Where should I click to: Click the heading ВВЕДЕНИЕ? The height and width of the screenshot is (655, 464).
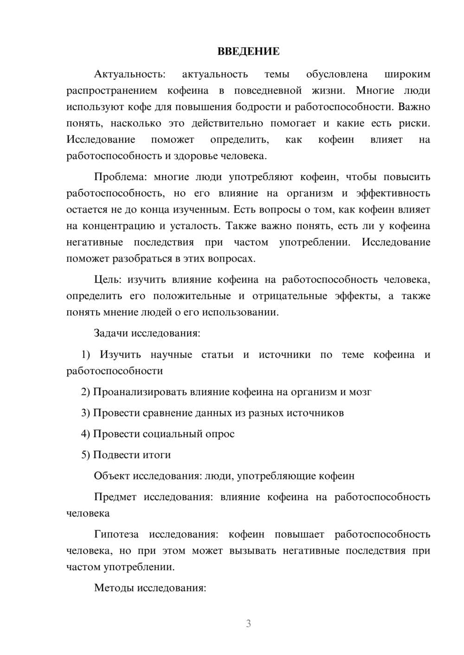[248, 51]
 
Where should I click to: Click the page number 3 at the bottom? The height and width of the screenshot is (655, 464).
[248, 624]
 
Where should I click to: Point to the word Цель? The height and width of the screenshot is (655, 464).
[108, 280]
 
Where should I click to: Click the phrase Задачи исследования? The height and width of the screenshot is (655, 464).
[147, 333]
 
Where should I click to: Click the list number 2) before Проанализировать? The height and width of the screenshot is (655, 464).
[85, 392]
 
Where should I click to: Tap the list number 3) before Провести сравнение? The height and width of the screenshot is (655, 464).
[85, 413]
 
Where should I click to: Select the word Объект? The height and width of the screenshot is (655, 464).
[112, 476]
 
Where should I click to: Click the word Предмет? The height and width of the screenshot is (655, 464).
[115, 497]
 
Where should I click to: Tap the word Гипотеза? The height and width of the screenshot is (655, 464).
[116, 535]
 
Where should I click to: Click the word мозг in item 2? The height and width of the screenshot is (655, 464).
[360, 392]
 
